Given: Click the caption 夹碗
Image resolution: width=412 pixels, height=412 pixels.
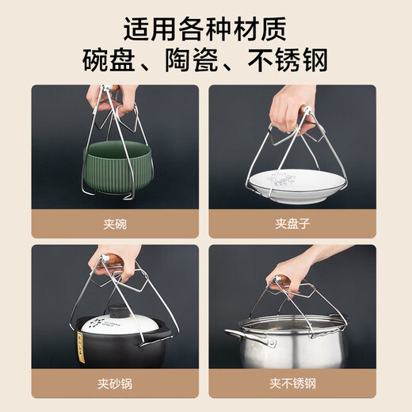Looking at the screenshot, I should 116,223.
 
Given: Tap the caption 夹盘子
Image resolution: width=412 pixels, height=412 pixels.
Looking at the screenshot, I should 291,223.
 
